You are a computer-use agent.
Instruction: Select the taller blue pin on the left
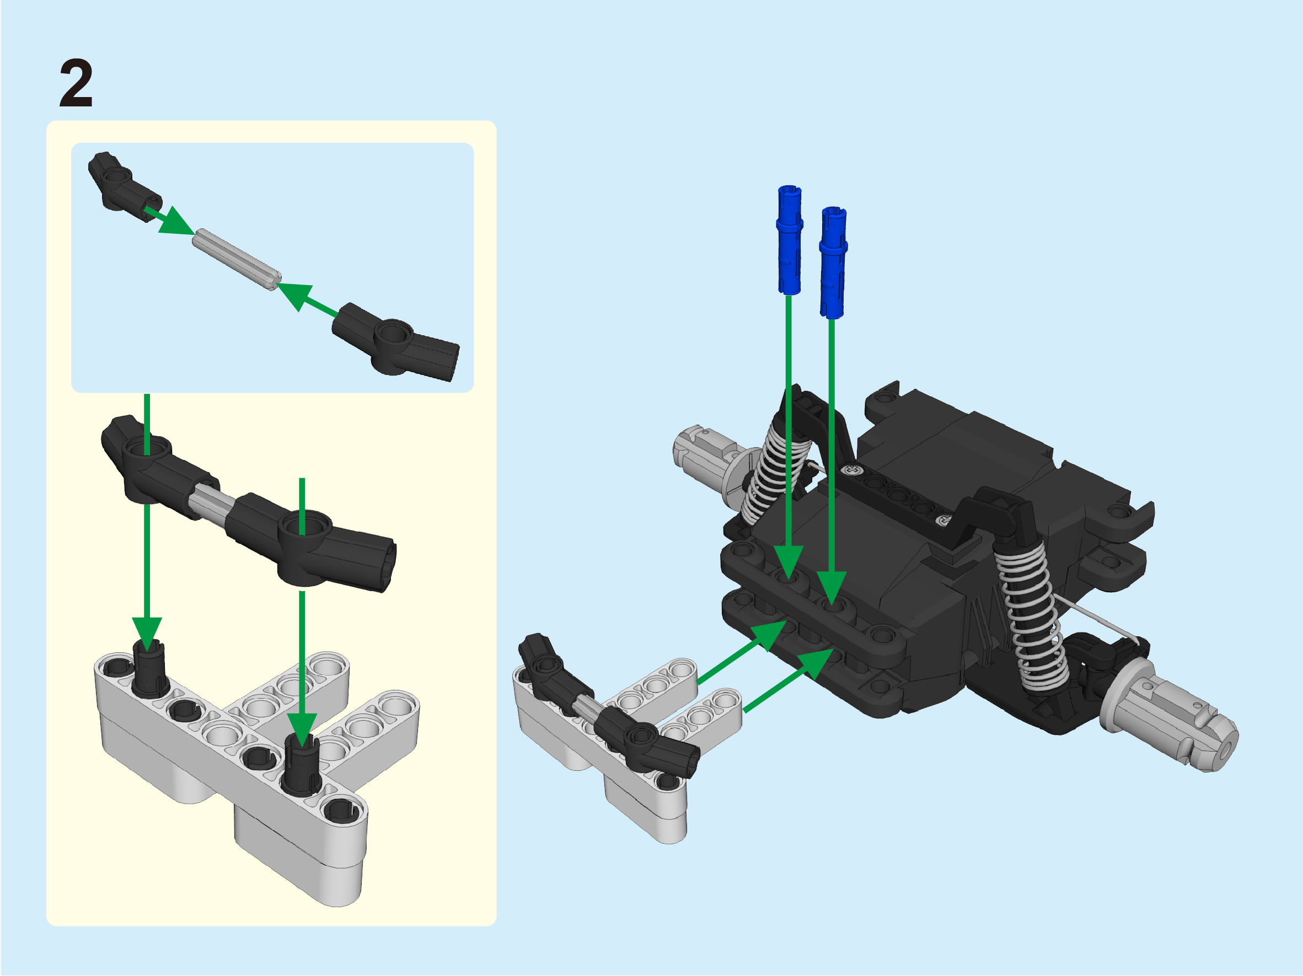(x=789, y=240)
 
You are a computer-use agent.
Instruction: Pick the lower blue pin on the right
(x=833, y=262)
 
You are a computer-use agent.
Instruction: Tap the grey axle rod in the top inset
(x=237, y=259)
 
